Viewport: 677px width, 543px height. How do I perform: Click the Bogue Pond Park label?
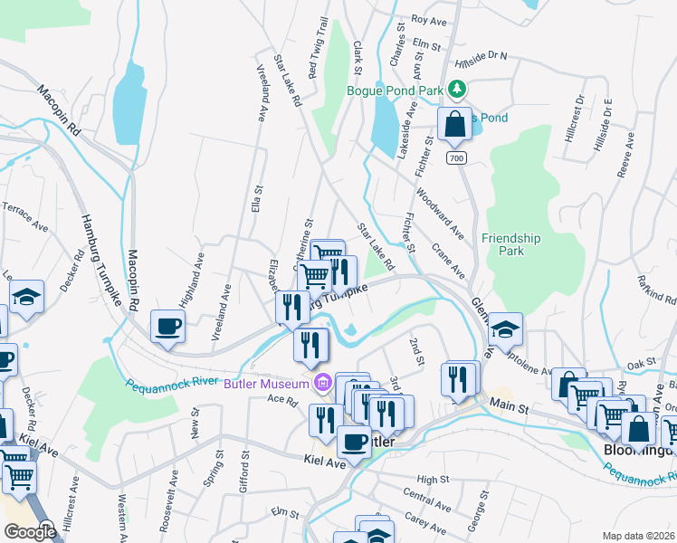point(395,90)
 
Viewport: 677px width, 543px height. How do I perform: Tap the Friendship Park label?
point(510,244)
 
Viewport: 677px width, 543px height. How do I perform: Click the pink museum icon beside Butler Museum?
point(320,385)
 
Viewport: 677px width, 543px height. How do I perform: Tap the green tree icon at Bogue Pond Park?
point(458,89)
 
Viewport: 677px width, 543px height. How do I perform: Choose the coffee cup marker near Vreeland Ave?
point(168,327)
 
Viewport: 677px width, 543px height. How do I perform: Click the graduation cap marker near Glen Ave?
point(507,328)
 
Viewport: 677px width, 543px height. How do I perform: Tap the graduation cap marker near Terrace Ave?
point(27,298)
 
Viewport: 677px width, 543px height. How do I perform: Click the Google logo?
point(30,532)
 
